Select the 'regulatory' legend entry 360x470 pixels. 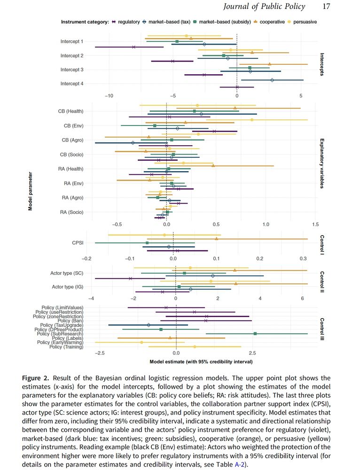[128, 22]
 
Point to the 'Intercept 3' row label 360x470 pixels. [72, 70]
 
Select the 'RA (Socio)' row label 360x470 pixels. [72, 212]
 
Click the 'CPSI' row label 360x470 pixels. [78, 243]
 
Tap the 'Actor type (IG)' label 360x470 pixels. [67, 287]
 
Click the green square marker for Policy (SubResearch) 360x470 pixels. [255, 334]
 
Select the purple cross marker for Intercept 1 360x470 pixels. [134, 47]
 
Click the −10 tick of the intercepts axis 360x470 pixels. [108, 95]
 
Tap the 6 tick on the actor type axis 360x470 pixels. [302, 298]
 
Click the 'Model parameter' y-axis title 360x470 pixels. [31, 191]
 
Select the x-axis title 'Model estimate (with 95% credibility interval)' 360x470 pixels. [201, 362]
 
